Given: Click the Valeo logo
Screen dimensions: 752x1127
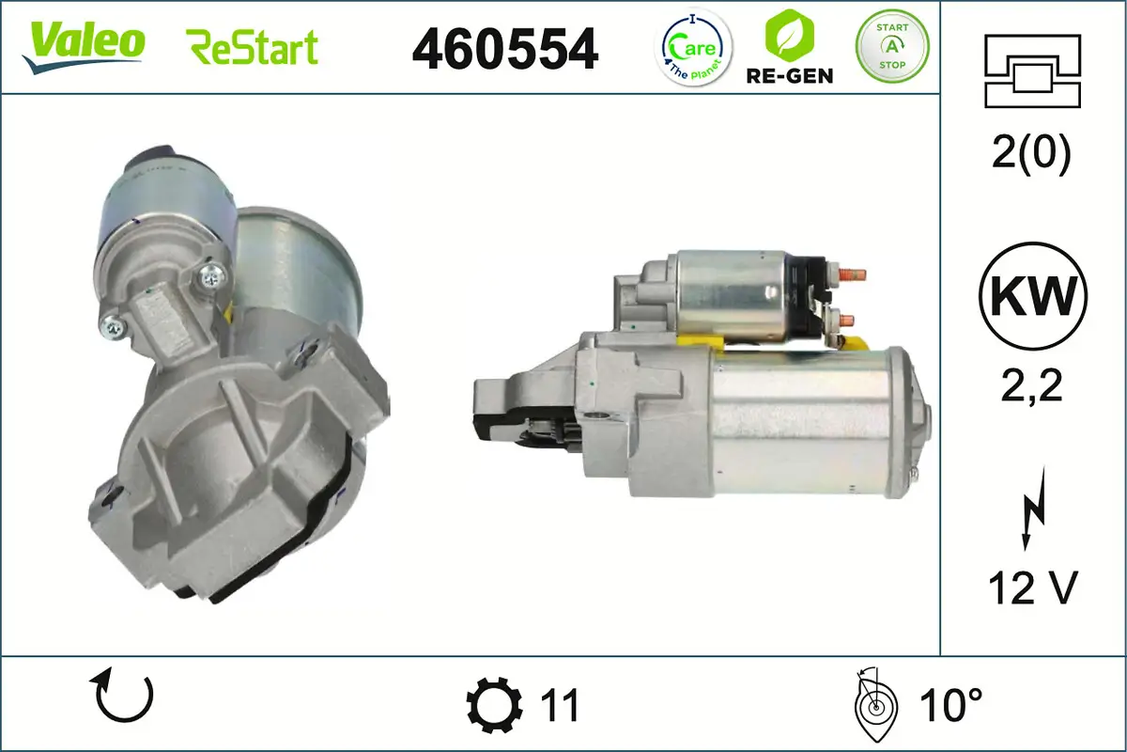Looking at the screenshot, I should click(84, 43).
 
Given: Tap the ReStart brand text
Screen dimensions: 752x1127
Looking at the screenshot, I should click(253, 47).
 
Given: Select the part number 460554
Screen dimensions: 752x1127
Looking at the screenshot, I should click(505, 48).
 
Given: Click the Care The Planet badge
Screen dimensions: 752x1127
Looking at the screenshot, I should click(694, 47).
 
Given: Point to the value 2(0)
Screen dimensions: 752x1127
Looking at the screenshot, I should click(1031, 155).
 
